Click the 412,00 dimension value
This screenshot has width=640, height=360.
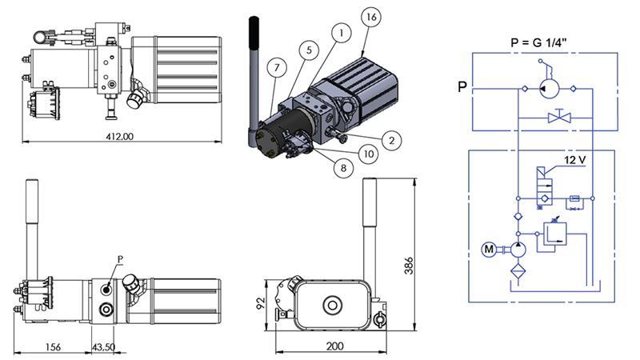pos(118,137)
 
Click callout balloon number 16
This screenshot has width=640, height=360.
pos(370,17)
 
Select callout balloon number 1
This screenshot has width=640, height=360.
pos(341,33)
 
